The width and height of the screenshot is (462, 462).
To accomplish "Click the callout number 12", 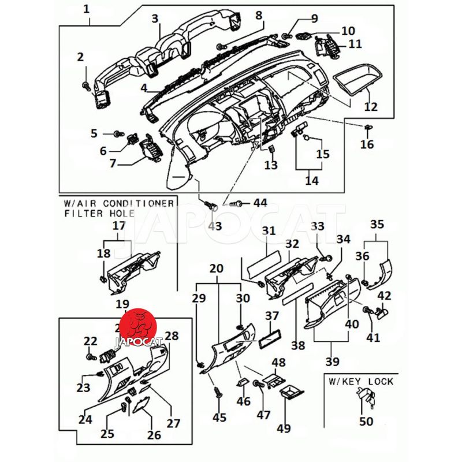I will [x=371, y=106].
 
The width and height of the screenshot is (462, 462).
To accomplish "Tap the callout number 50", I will [x=366, y=421].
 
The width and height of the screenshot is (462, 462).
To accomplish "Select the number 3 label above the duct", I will [x=155, y=18].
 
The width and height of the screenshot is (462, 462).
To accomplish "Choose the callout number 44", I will [x=260, y=203].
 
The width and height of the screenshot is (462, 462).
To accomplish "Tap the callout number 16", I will [x=367, y=144].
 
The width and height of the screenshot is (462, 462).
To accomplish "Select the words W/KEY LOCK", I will [x=361, y=381].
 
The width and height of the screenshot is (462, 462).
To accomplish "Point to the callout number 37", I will [x=271, y=316].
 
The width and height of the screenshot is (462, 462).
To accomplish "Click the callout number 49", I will [x=284, y=429].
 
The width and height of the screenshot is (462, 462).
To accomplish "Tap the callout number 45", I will [x=219, y=417].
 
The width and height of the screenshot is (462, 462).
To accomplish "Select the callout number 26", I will [x=154, y=435].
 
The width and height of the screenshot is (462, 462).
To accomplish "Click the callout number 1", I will [x=87, y=9].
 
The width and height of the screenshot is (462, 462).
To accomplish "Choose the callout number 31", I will [x=269, y=231].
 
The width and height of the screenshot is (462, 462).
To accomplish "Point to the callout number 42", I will [x=384, y=295].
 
